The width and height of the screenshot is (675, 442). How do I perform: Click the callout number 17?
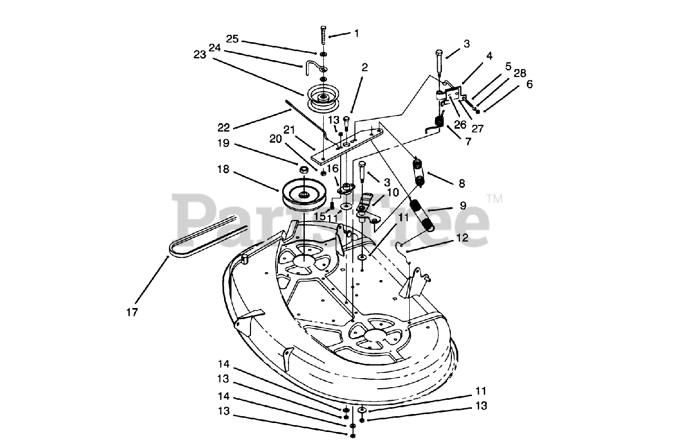tap(132, 312)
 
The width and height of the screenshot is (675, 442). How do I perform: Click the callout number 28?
tap(519, 73)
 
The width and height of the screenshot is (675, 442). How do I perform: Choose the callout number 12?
tap(462, 238)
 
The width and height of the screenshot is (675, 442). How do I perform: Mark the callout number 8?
tap(462, 184)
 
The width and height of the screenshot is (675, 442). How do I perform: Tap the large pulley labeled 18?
tap(304, 195)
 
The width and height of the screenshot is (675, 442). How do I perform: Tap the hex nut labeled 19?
tap(304, 170)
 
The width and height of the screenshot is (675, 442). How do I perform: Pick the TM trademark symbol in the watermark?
tap(495, 199)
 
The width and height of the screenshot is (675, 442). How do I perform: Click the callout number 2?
tap(364, 67)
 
